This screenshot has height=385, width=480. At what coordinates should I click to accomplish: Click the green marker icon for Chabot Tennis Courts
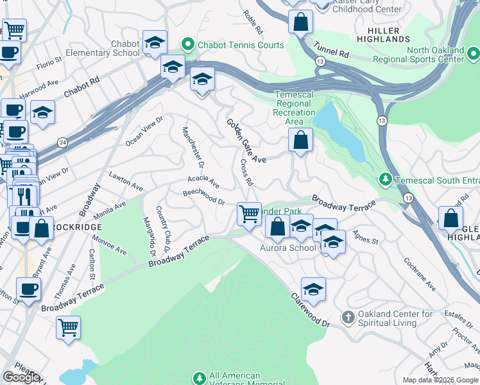(x=188, y=45)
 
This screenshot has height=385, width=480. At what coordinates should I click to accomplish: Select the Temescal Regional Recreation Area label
(x=295, y=108)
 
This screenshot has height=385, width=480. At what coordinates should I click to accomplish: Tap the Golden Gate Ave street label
(x=245, y=140)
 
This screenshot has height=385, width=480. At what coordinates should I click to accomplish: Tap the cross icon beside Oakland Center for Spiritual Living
(x=348, y=318)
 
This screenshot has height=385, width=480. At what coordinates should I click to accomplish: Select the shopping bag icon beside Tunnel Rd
(x=300, y=22)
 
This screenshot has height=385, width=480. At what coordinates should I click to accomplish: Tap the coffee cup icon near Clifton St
(x=28, y=289)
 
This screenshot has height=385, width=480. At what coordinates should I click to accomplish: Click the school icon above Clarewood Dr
(x=313, y=289)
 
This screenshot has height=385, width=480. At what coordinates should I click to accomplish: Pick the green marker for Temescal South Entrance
(x=385, y=179)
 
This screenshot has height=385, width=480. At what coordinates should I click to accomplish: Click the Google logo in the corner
(x=22, y=377)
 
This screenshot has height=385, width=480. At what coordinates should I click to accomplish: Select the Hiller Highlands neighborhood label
(x=384, y=35)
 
